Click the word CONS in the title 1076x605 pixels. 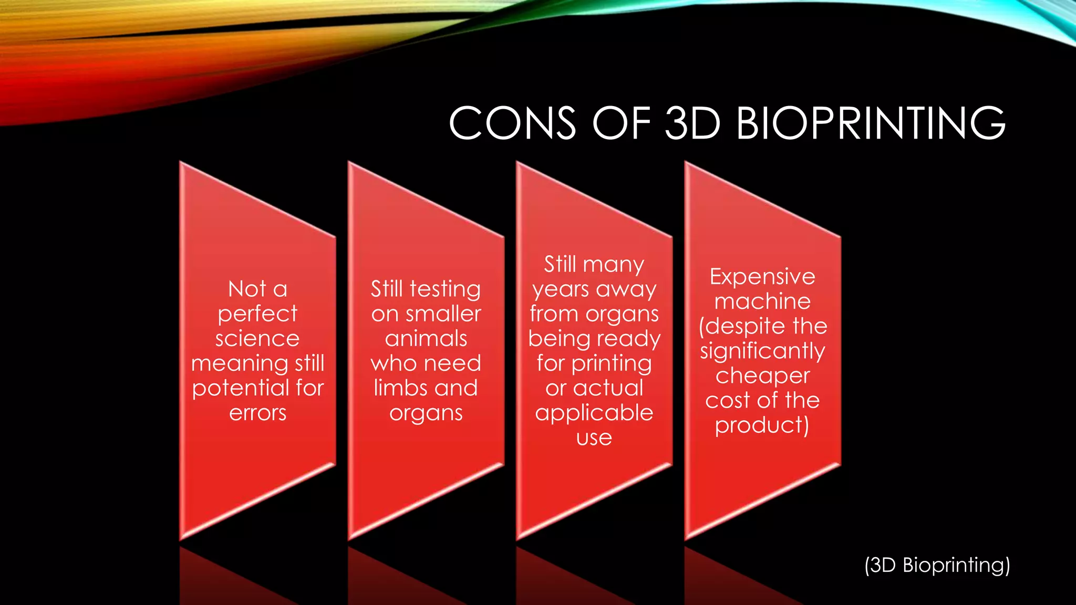tap(512, 123)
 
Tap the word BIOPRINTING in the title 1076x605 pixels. tap(871, 123)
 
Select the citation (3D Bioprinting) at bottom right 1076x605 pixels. tap(937, 565)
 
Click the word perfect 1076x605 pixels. tap(257, 314)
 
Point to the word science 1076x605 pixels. tap(257, 339)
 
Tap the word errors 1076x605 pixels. tap(257, 413)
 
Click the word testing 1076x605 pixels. tap(445, 289)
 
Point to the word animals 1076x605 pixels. tap(426, 339)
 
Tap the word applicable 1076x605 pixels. tap(594, 413)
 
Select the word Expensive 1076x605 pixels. tap(762, 277)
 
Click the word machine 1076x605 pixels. tap(762, 301)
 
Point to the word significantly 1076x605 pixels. tap(762, 351)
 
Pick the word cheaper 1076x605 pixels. tap(762, 376)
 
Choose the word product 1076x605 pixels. tap(759, 425)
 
